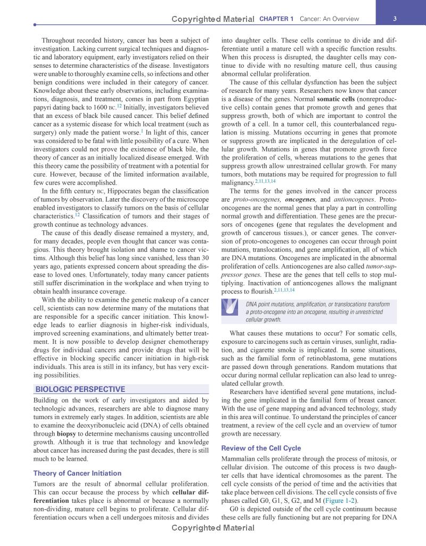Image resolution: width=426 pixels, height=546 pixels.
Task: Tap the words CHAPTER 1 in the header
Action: point(276,19)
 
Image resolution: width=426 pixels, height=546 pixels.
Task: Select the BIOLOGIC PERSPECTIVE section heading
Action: point(80,389)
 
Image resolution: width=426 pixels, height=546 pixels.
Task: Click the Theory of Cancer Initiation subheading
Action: point(77,473)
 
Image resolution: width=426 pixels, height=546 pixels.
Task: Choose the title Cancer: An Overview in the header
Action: point(329,19)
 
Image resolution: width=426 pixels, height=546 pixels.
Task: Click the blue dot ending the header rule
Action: point(35,25)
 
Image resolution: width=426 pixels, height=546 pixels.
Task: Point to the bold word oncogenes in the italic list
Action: point(301,199)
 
